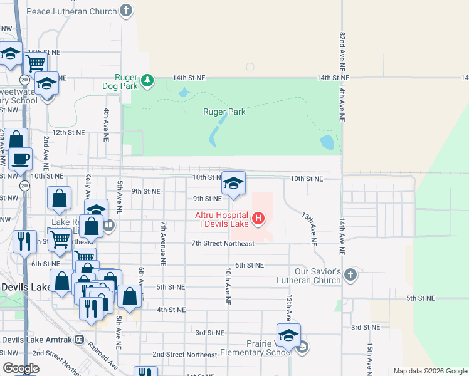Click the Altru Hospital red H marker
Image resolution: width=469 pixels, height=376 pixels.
click(258, 219)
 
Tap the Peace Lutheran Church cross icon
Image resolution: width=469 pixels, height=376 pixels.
click(126, 11)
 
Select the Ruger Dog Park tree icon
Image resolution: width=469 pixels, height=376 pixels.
click(147, 80)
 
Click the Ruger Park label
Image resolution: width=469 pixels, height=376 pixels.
click(224, 112)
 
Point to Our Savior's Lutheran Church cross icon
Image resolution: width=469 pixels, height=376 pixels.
click(350, 274)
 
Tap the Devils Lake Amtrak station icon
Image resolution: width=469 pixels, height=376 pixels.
click(79, 340)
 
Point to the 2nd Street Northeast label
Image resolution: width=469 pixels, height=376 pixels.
click(184, 354)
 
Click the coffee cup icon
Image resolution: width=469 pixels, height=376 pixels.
click(21, 159)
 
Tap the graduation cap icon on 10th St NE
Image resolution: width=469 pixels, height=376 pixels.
click(233, 183)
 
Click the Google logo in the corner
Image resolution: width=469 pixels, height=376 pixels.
click(21, 368)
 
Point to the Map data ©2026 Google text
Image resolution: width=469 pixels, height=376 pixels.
click(430, 371)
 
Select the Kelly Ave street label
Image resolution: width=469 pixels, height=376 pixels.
click(88, 186)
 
